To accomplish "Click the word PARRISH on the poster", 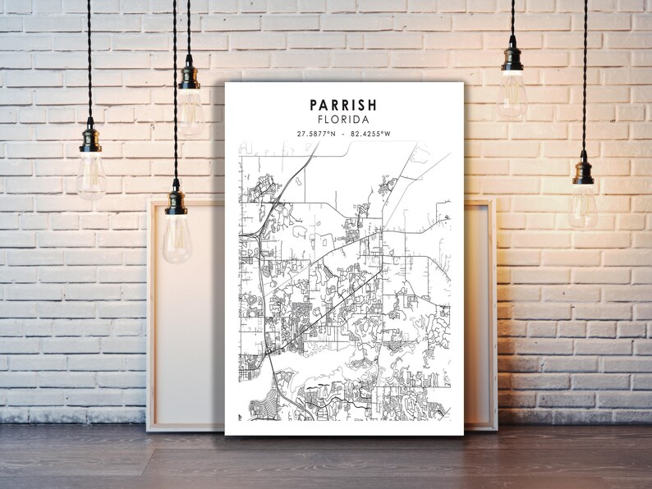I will [x=343, y=105].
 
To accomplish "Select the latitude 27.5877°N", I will [x=316, y=134].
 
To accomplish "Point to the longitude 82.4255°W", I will [x=370, y=134].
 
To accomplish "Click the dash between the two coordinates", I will [x=343, y=134].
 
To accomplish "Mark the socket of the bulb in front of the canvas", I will [x=177, y=202].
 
